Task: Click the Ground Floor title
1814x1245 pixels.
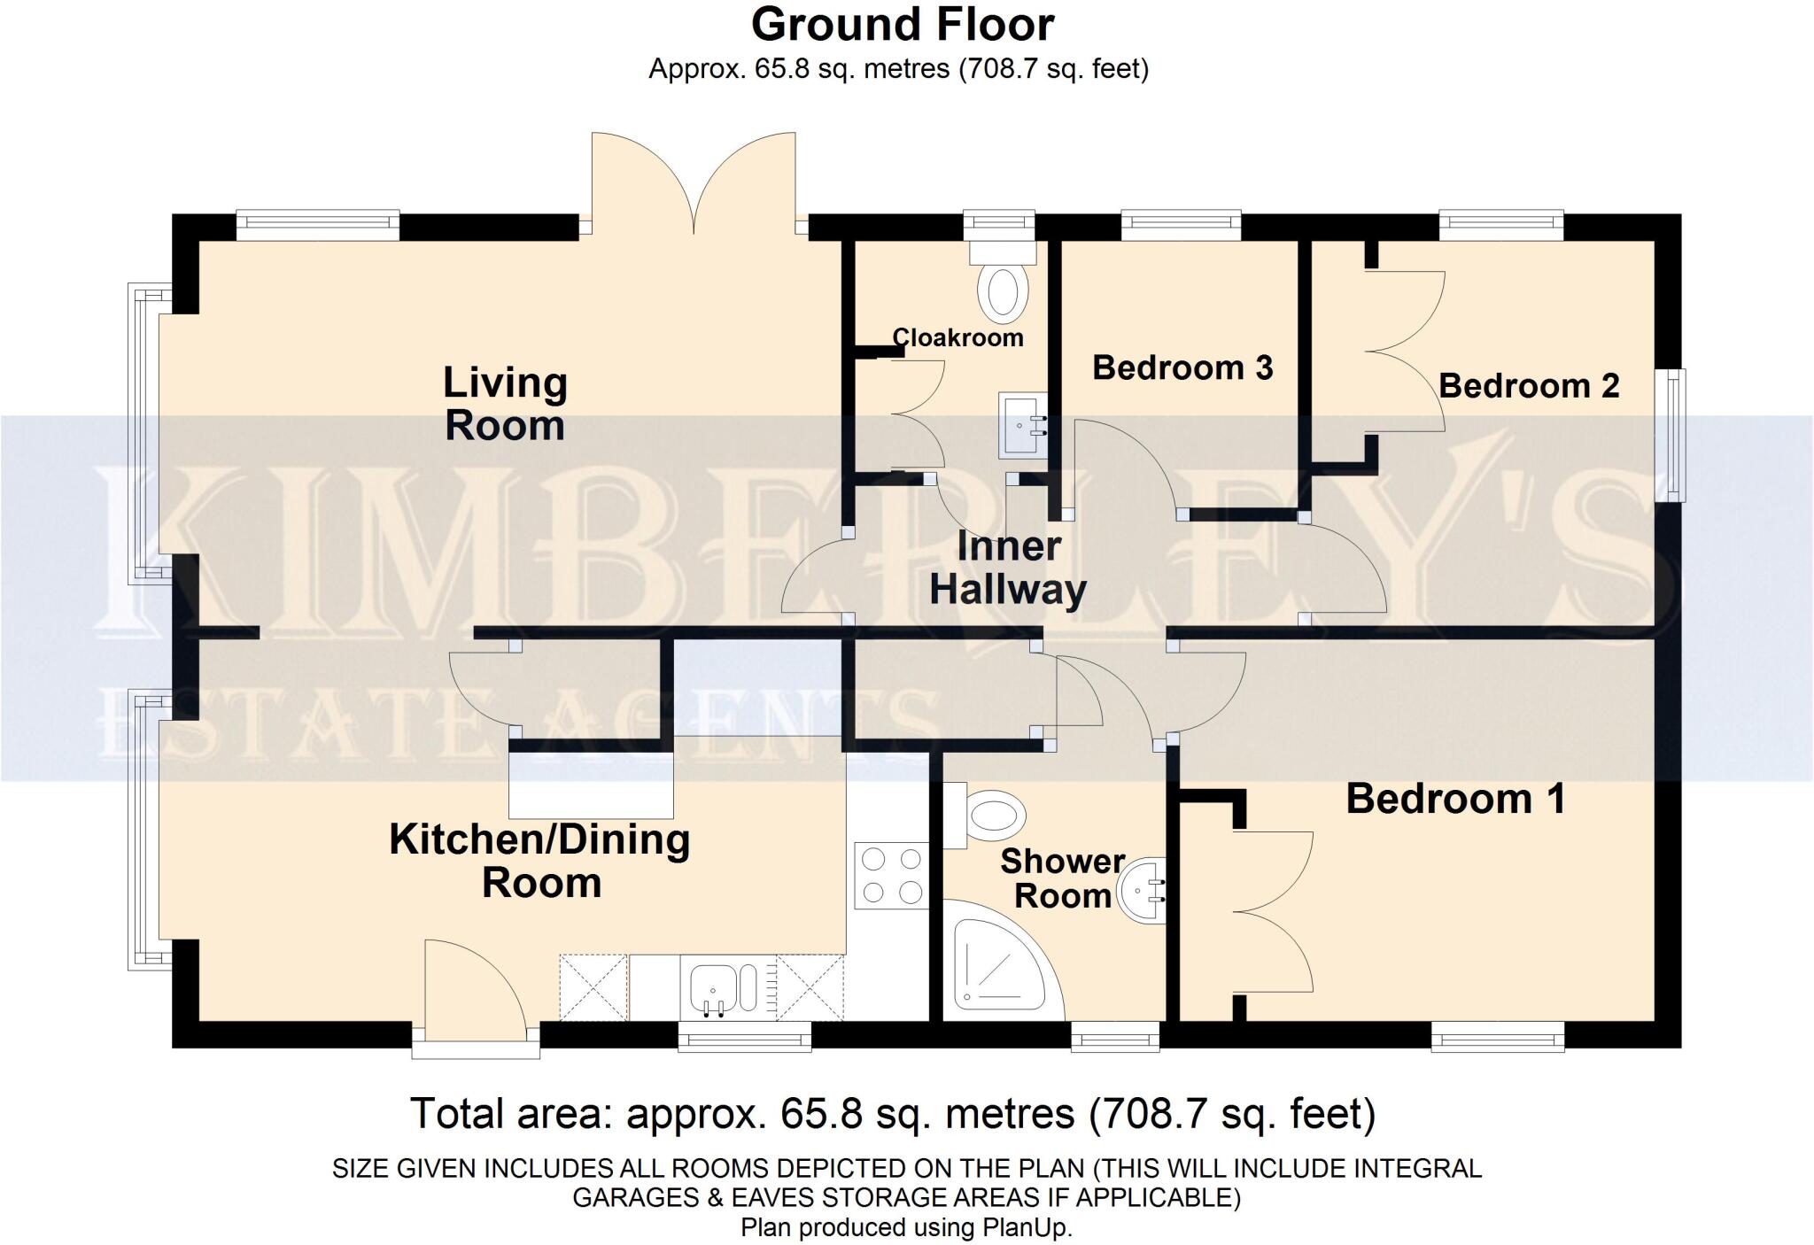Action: [x=902, y=25]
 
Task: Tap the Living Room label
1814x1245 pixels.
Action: [x=505, y=404]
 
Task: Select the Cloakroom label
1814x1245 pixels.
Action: [x=957, y=337]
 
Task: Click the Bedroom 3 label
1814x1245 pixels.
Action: [x=1182, y=367]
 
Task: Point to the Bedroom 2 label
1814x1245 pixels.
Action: [x=1529, y=386]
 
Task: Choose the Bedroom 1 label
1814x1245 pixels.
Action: [x=1455, y=799]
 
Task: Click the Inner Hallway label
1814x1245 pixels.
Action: [x=1008, y=568]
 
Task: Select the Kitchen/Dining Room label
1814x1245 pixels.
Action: [x=540, y=861]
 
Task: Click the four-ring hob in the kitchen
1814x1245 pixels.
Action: [x=891, y=876]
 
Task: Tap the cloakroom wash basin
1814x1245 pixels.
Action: [x=1021, y=426]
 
